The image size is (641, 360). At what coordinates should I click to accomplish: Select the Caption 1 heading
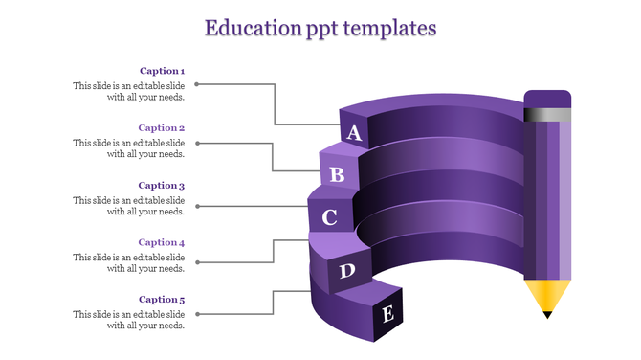162,70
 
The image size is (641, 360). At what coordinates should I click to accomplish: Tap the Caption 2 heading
162,127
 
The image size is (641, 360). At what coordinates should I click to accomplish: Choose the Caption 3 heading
162,185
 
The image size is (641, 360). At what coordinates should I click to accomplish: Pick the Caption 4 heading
162,242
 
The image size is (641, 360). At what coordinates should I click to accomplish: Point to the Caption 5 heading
162,300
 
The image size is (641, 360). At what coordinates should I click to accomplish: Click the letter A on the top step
354,133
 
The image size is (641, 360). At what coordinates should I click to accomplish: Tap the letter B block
337,174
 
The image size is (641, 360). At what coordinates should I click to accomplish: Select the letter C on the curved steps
329,217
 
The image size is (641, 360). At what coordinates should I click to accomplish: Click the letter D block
347,271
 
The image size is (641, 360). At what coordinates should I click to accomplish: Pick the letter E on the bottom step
387,313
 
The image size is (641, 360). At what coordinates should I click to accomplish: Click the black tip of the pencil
547,313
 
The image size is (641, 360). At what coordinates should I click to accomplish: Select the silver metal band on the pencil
547,114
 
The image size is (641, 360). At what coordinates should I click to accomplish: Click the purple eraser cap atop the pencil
547,98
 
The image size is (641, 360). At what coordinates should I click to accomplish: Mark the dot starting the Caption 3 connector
198,206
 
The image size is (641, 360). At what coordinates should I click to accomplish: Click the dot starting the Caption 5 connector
198,312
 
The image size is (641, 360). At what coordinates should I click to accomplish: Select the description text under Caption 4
129,262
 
